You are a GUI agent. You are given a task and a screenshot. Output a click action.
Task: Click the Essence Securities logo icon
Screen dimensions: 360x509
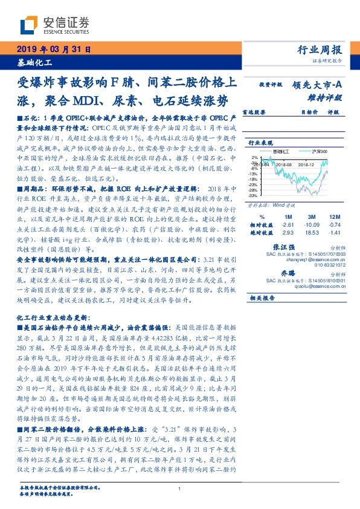[28, 25]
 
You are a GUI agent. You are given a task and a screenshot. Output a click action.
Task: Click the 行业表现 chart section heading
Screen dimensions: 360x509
[261, 142]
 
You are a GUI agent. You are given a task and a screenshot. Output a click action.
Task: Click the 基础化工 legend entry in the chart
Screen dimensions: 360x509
[281, 151]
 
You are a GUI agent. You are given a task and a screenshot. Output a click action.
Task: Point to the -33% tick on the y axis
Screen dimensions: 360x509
[253, 196]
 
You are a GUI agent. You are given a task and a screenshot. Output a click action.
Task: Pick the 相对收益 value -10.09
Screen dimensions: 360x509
[313, 224]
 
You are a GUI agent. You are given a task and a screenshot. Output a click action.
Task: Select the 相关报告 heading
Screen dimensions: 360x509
[262, 297]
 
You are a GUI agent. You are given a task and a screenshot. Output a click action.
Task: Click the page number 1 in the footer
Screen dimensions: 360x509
[180, 488]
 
